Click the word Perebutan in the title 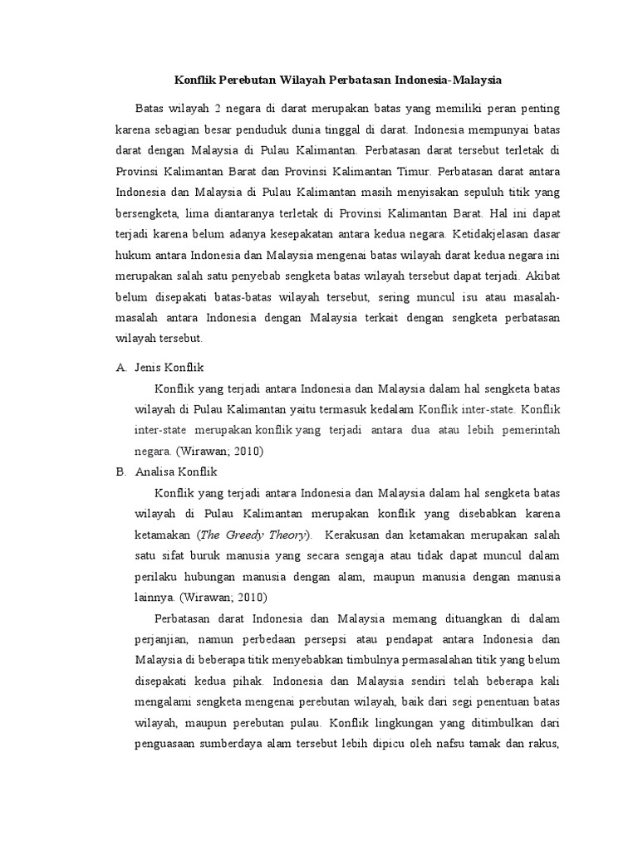248,81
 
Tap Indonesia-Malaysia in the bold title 440,81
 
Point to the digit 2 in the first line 218,110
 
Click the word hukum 132,256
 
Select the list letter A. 121,366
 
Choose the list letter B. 121,471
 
